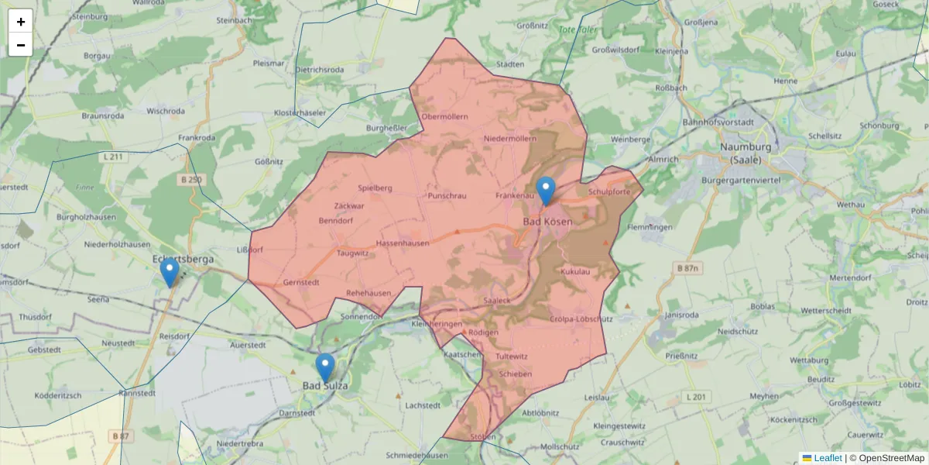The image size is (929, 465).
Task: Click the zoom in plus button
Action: pos(20,22)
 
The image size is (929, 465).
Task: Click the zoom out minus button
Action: pos(20,45)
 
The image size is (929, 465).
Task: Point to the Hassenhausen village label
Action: pos(403,243)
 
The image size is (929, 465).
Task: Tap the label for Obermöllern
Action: pos(444,117)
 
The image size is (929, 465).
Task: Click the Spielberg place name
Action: pos(375,188)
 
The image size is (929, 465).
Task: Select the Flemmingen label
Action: pos(650,228)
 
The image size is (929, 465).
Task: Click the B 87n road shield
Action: pos(687,268)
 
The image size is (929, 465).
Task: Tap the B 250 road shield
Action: pos(190,180)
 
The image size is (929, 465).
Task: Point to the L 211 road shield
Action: pos(112,157)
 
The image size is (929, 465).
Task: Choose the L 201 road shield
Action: pos(696,397)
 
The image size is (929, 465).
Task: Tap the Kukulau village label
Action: pos(575,272)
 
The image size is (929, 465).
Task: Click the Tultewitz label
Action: pos(511,356)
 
